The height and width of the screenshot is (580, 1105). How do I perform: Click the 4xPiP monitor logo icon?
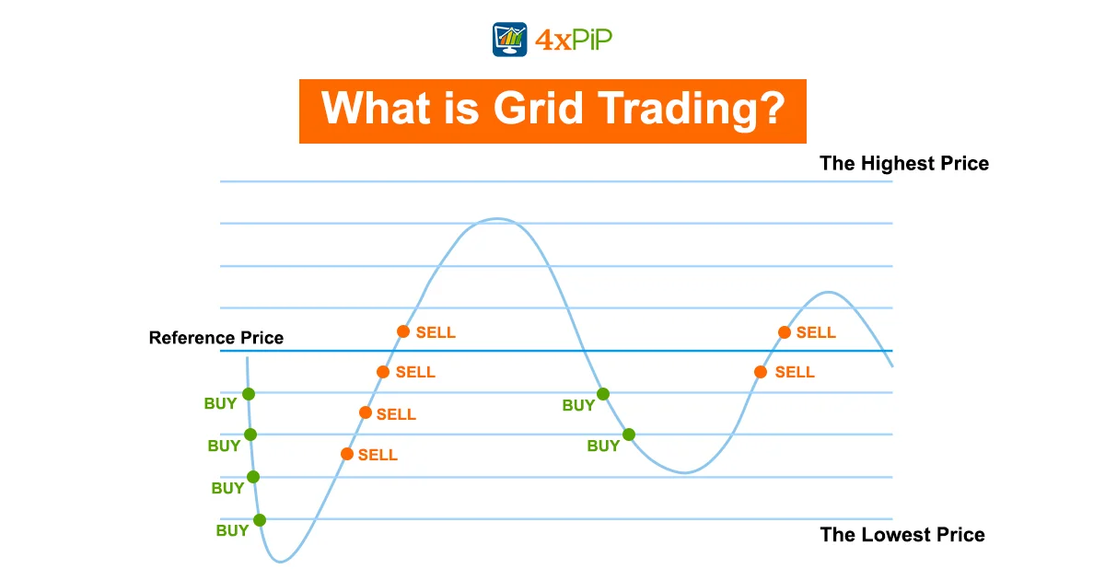tap(509, 40)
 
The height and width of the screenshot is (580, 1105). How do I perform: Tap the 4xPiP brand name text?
tap(574, 40)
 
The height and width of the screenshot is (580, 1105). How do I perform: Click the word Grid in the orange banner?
tap(538, 109)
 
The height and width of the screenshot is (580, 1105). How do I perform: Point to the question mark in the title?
tap(771, 107)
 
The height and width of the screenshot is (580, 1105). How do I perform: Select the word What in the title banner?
tap(376, 108)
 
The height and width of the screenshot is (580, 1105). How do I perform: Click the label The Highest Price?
tap(904, 163)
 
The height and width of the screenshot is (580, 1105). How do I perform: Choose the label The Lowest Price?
tap(902, 535)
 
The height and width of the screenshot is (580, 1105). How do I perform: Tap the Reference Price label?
tap(216, 338)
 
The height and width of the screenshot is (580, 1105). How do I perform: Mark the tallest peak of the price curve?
tap(497, 218)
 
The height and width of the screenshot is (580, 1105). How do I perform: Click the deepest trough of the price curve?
tap(281, 562)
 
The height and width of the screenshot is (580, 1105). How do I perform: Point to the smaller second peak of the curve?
tap(829, 293)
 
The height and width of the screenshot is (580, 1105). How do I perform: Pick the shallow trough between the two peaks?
tap(685, 472)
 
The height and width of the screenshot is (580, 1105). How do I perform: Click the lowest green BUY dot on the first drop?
tap(260, 520)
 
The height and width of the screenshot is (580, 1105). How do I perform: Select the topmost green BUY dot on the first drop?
tap(249, 394)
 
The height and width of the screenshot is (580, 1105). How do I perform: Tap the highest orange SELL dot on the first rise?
tap(403, 331)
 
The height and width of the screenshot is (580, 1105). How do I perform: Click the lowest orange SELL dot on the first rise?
tap(347, 454)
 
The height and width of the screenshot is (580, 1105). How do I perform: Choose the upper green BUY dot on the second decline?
tap(603, 394)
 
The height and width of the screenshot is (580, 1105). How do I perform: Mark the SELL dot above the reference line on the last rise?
tap(785, 332)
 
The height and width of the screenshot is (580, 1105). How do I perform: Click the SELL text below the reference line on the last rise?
tap(795, 372)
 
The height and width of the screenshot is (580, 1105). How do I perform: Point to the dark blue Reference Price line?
tap(556, 351)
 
